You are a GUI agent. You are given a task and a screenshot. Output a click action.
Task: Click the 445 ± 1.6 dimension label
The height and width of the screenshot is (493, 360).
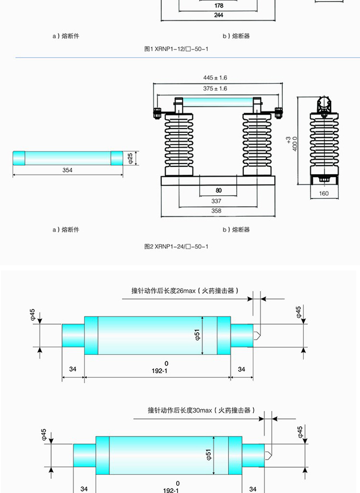(x=215, y=77)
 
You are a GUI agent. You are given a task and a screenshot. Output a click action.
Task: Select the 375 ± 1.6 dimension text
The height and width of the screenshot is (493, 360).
(x=215, y=89)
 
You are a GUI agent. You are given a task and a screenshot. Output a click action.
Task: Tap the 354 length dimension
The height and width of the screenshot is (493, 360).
(x=67, y=170)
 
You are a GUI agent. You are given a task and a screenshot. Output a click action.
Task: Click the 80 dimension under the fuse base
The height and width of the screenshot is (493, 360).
(x=218, y=190)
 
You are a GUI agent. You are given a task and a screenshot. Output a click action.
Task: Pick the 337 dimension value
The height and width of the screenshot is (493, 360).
(x=216, y=201)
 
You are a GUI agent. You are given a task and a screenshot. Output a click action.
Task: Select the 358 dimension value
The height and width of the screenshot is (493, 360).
(x=216, y=211)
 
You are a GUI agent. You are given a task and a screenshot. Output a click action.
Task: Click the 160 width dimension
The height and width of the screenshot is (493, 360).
(x=324, y=194)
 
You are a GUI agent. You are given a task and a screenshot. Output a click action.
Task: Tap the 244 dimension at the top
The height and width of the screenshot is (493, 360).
(x=218, y=15)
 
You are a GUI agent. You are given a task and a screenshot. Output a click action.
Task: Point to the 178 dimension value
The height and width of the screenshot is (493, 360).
(x=218, y=6)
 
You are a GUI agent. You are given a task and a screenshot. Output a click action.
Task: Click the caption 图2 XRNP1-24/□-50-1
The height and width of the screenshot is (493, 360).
(x=177, y=246)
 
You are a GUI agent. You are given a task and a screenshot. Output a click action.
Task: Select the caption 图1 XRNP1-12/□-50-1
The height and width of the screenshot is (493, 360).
(x=177, y=49)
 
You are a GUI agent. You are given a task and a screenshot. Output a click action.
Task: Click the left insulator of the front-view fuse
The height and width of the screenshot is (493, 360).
(x=179, y=144)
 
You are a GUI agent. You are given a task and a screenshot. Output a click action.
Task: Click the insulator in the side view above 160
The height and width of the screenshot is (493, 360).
(x=324, y=144)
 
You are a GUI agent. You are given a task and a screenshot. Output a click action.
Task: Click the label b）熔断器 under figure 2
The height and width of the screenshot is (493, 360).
(x=236, y=230)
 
